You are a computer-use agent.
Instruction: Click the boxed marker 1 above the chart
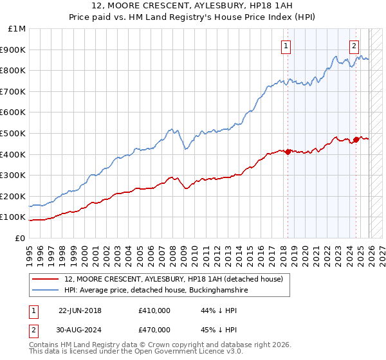285,46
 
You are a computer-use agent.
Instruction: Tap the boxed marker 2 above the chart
354,46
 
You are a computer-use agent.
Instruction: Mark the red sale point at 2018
288,152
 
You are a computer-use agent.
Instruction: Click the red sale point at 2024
356,139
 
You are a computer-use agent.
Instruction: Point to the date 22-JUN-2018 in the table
80,310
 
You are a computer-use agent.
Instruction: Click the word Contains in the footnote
46,345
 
